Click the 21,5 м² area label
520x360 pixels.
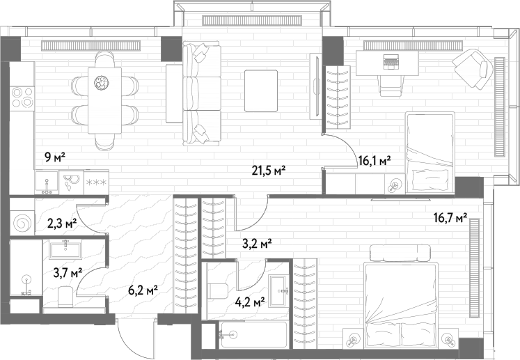click(x=269, y=171)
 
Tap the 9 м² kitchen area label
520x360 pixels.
click(x=55, y=157)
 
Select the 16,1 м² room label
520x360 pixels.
click(x=375, y=161)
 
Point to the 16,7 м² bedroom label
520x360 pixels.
click(x=450, y=218)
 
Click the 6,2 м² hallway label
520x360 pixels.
click(x=143, y=291)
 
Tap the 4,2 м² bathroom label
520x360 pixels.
click(x=250, y=302)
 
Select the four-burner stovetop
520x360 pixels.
click(x=22, y=97)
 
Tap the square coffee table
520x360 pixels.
click(x=261, y=91)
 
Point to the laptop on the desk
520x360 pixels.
click(x=391, y=62)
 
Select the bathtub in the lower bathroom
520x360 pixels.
click(x=253, y=335)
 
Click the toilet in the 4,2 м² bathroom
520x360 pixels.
click(x=218, y=290)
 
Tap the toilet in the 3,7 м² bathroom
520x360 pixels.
click(x=65, y=297)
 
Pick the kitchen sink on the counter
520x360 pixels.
click(x=47, y=182)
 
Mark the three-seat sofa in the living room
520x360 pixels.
click(x=202, y=93)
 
